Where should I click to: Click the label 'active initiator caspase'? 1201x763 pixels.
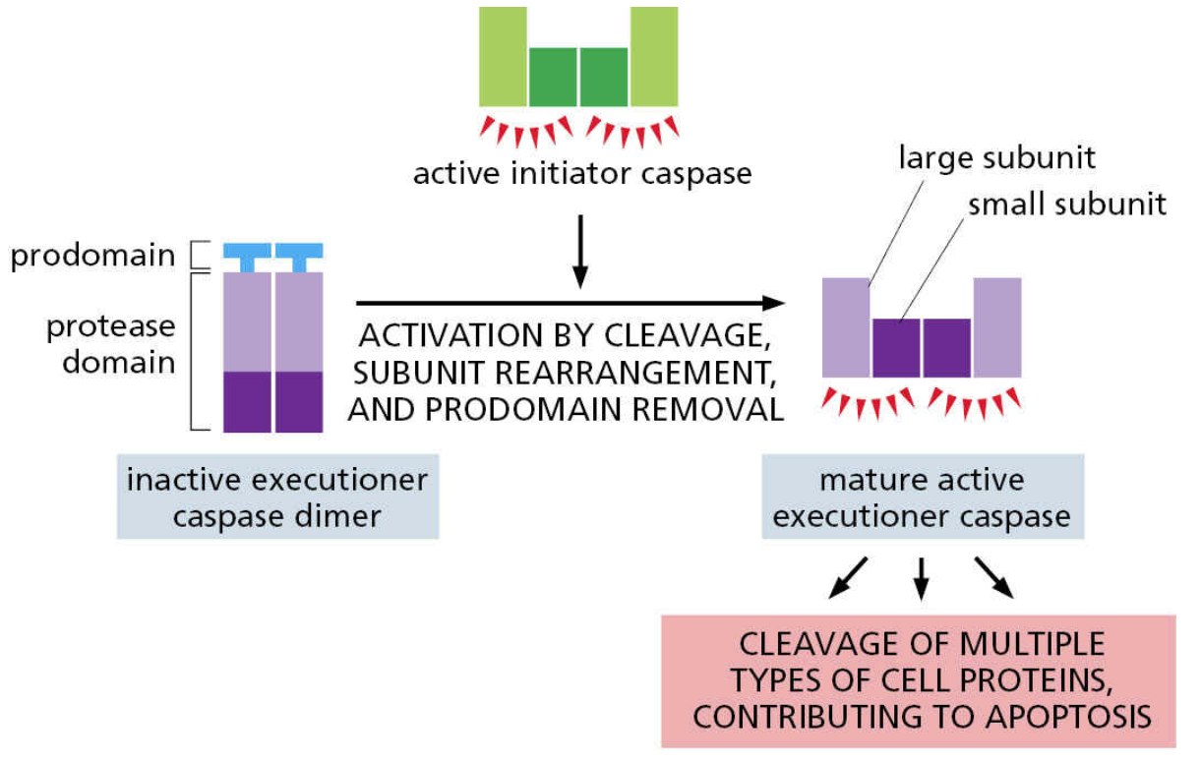(581, 174)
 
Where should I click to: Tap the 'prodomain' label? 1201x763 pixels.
(92, 257)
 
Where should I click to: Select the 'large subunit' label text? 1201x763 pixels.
(996, 157)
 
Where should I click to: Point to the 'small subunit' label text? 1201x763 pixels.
(1067, 205)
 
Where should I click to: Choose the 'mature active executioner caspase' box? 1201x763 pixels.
(922, 497)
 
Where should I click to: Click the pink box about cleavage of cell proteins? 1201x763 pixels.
(922, 679)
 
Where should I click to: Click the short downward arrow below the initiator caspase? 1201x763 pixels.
(579, 251)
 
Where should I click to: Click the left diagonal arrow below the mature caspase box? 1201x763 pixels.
(849, 578)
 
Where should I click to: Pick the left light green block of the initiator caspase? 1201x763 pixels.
(503, 56)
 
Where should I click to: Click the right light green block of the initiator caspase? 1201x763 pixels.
(654, 56)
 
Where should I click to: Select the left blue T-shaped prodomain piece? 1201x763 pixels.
(246, 256)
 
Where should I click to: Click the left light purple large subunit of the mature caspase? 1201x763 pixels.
(846, 327)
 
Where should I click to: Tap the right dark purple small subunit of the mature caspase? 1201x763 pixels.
(947, 348)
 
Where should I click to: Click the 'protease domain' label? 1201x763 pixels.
(110, 343)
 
